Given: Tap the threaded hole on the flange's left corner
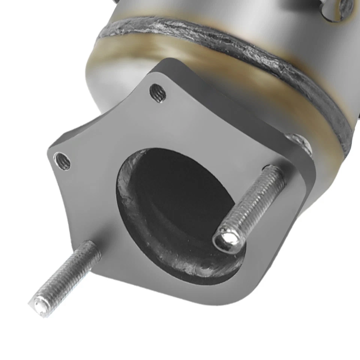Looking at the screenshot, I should point(62,161).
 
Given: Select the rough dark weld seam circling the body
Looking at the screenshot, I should point(225,41).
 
